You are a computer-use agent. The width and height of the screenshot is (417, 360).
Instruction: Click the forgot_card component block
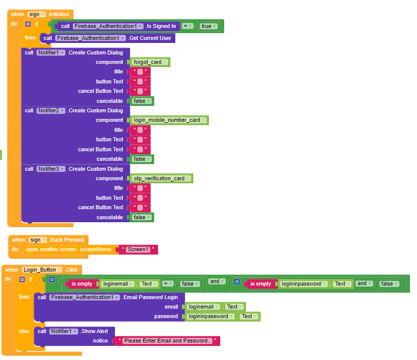pos(148,62)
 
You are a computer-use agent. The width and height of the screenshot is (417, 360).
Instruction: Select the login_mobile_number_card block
pos(167,120)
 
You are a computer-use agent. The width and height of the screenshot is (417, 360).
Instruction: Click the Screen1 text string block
pos(138,249)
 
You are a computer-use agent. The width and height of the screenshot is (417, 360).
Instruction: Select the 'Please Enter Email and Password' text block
pos(167,341)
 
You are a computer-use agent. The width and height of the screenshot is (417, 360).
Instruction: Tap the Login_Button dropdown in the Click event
pos(42,270)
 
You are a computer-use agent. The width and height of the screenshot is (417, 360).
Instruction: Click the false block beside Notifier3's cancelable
pos(141,217)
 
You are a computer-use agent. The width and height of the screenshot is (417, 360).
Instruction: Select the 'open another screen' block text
pos(51,249)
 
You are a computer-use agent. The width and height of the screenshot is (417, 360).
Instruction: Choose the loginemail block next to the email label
pos(201,307)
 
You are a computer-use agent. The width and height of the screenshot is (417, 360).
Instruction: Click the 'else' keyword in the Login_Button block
pos(24,331)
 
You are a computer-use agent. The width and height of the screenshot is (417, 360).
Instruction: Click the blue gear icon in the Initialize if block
pos(28,24)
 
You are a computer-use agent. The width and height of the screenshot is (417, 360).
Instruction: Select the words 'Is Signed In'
pos(161,26)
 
